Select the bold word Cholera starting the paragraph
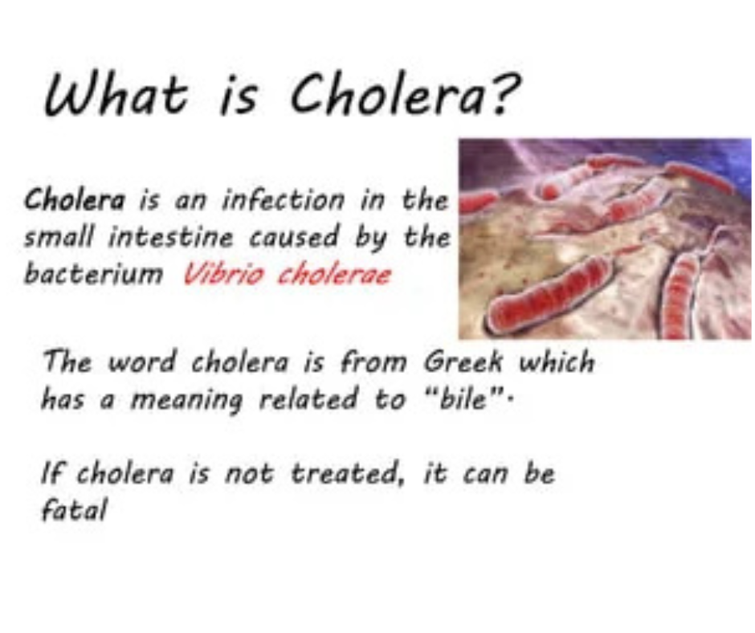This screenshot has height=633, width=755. pos(75,199)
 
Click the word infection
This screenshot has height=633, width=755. pos(283,199)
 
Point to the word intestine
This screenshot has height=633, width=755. pos(171,237)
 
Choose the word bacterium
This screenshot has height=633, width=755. pos(93,275)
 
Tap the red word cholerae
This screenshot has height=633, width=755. pos(334,275)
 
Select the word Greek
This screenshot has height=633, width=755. pos(463,361)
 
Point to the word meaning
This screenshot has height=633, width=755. pos(187,401)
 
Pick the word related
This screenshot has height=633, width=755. pos(309,399)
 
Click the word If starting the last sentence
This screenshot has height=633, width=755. pos(52,473)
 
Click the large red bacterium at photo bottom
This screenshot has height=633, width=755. pos(546,294)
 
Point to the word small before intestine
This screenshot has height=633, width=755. pos(58,237)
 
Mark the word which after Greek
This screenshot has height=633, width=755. pos(557,361)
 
